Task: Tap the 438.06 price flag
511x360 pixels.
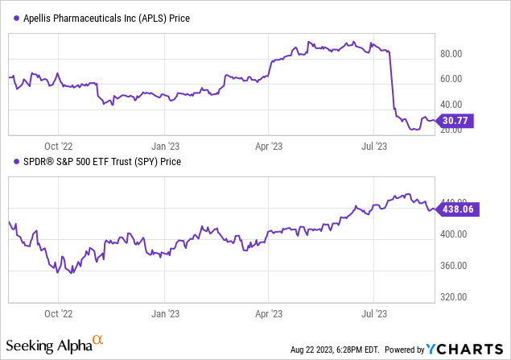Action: coord(456,208)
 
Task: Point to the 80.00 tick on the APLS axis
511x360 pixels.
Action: coord(450,54)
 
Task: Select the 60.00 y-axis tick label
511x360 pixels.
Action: coord(450,79)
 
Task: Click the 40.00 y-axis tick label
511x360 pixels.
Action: coord(450,104)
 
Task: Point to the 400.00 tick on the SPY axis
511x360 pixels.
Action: coord(452,234)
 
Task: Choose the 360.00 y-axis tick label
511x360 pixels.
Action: coord(452,265)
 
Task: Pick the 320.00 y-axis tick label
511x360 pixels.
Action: coord(452,296)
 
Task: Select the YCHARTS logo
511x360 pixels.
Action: coord(465,349)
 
